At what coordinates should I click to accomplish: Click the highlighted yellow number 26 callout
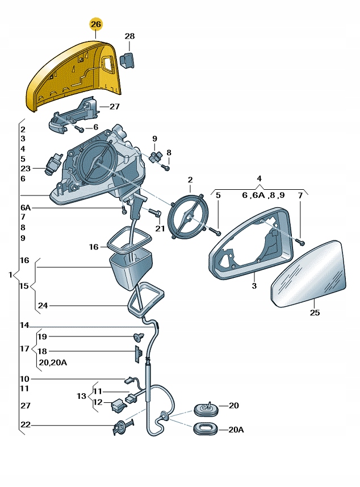click(x=96, y=24)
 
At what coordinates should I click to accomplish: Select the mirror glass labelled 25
click(x=308, y=274)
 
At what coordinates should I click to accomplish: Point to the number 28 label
click(x=129, y=36)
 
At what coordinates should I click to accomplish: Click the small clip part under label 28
click(x=127, y=60)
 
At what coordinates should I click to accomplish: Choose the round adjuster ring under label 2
click(x=188, y=217)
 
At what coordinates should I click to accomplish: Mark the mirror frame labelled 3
click(x=251, y=244)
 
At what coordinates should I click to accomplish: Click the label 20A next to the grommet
click(x=236, y=430)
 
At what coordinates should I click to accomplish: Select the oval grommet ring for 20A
click(x=206, y=430)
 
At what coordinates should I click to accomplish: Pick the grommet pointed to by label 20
click(x=206, y=409)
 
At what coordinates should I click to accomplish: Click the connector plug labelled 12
click(x=119, y=405)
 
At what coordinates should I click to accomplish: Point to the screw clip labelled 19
click(x=138, y=336)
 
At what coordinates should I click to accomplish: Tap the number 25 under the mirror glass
click(x=315, y=313)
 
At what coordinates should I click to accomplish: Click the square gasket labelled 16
click(x=129, y=239)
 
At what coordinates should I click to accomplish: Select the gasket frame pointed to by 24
click(x=146, y=299)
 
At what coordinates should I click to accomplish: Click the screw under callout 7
click(x=301, y=242)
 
